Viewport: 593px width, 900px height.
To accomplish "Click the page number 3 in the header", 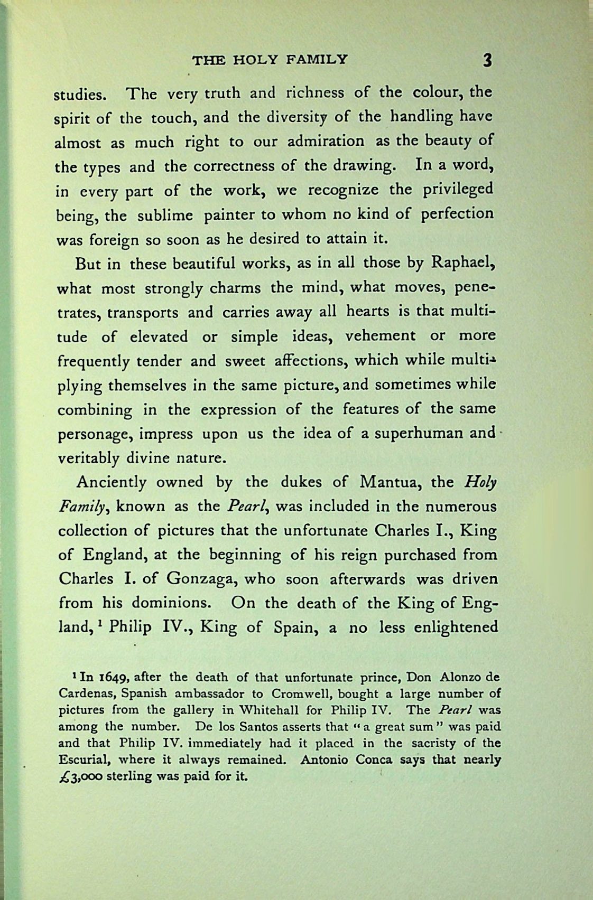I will (487, 60).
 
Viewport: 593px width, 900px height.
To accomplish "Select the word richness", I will (315, 93).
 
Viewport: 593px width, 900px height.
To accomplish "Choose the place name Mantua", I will (391, 482).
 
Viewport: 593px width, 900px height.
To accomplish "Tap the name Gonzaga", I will (197, 579).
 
